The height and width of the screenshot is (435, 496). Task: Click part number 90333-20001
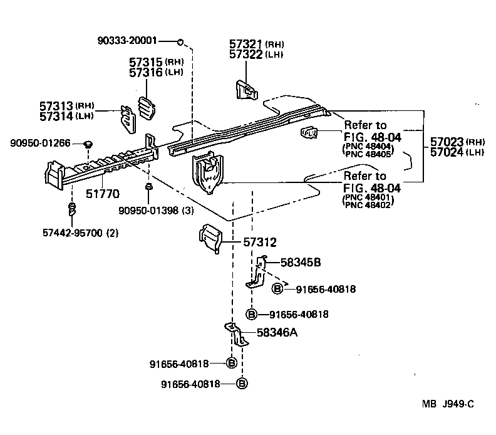pos(127,41)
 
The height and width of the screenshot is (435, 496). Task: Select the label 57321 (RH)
pos(257,44)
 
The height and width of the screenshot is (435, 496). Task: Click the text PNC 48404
pos(368,146)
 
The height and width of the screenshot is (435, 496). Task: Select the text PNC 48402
pos(368,204)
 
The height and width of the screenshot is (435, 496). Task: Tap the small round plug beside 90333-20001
pos(180,41)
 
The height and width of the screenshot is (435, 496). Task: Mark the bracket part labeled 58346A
pos(236,335)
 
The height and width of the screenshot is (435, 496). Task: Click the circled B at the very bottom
pos(242,384)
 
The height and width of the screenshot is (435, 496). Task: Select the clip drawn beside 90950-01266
pos(88,144)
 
